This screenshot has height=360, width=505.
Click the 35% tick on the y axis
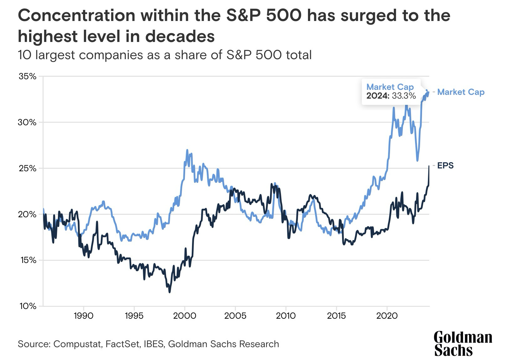[28, 76]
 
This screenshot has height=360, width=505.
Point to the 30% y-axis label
[28, 122]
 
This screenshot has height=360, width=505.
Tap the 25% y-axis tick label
[28, 168]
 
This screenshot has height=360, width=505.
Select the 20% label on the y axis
[28, 214]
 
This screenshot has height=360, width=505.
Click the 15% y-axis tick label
[28, 260]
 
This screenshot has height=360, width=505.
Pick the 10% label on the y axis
[28, 306]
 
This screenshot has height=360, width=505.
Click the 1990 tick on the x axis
[84, 316]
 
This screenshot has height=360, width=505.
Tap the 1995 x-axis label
[134, 316]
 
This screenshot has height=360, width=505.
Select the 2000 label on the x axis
[185, 316]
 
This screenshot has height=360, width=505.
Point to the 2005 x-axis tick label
[235, 316]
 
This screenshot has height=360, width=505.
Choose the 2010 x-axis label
[286, 316]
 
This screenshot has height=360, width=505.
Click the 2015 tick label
[336, 316]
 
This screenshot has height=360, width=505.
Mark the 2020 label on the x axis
[387, 316]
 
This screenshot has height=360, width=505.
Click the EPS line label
[445, 165]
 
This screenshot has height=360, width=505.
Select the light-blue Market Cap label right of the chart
[461, 92]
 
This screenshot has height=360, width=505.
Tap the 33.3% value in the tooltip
[404, 96]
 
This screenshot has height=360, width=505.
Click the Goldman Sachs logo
[462, 343]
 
